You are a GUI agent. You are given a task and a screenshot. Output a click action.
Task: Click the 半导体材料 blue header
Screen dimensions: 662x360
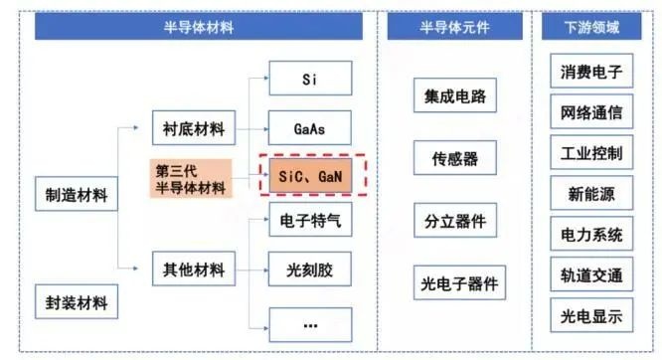[x=199, y=27]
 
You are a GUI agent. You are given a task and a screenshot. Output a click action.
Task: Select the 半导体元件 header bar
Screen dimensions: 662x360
[x=454, y=27]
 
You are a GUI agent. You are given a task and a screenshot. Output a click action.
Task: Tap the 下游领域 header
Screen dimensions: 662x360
[x=591, y=27]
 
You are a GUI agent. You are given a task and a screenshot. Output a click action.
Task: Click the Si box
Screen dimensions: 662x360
[x=310, y=79]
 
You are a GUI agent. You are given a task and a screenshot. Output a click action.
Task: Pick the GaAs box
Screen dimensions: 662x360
[x=310, y=128]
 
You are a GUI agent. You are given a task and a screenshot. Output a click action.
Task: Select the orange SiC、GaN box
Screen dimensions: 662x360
[x=310, y=176]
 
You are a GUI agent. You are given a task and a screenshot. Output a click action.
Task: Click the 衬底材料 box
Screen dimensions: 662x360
[x=194, y=128]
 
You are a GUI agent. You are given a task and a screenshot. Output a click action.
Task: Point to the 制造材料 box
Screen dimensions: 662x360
[x=77, y=194]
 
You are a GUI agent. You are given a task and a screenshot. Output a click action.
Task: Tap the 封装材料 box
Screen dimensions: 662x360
[x=77, y=301]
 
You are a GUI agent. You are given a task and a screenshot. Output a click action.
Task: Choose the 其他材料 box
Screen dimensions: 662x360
[x=194, y=269]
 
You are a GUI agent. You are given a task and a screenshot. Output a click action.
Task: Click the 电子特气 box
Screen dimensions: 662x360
[x=310, y=220]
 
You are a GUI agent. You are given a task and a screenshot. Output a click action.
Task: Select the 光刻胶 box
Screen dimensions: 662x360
[x=310, y=270]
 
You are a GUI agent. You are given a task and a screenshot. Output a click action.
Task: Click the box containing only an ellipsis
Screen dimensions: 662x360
[x=310, y=325]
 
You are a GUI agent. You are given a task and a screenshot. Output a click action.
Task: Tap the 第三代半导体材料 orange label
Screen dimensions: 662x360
[x=191, y=178]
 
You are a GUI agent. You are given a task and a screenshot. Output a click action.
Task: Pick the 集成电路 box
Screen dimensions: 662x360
[x=455, y=95]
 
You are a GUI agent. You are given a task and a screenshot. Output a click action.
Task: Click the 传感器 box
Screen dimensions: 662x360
[x=455, y=157]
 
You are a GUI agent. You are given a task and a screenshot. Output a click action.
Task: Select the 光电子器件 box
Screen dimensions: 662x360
[x=459, y=282]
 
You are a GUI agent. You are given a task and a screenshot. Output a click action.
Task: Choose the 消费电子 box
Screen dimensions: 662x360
[x=591, y=71]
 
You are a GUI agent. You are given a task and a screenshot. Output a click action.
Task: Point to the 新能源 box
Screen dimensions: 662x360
[x=591, y=193]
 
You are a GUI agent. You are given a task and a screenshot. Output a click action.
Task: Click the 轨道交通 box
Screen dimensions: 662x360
[x=591, y=274]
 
